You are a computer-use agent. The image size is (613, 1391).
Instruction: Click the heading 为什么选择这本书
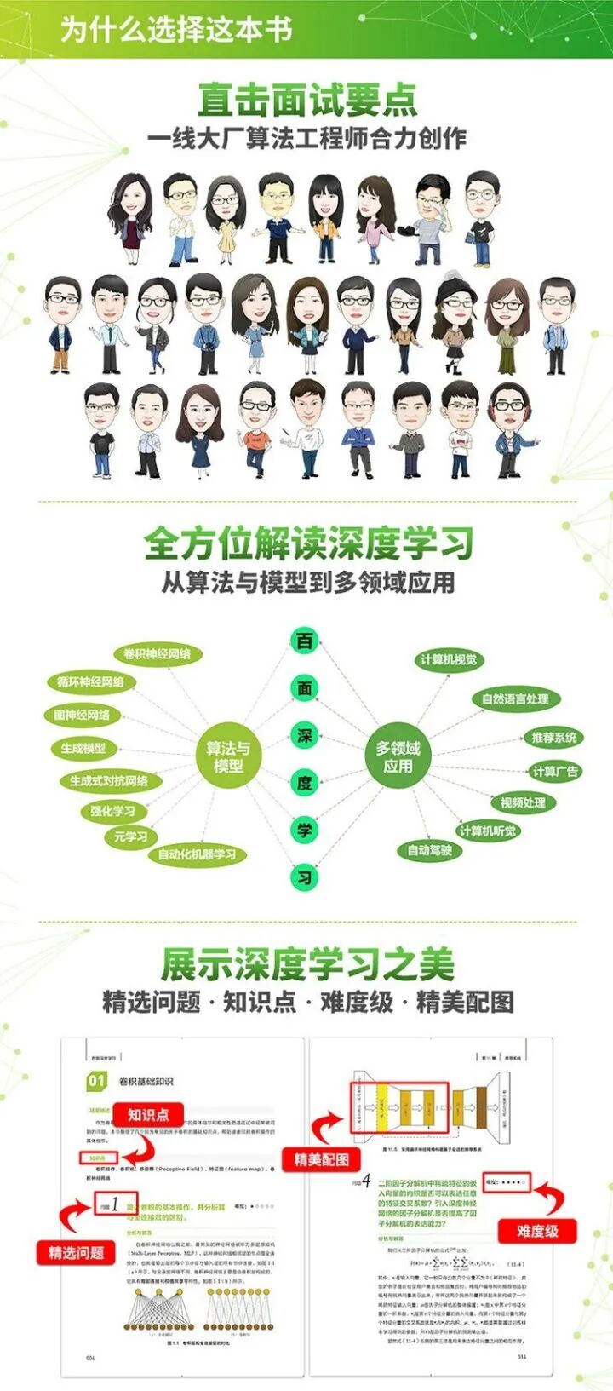176,28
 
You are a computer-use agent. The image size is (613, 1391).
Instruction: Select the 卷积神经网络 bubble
158,654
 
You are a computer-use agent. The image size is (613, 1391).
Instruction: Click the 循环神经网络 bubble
90,682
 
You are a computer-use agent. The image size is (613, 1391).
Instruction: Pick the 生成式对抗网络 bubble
109,780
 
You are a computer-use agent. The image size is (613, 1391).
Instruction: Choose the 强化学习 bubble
113,811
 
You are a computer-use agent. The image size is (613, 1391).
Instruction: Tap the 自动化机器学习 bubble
197,854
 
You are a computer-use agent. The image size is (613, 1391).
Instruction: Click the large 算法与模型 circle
228,756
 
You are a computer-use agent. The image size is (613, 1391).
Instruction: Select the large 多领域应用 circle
398,756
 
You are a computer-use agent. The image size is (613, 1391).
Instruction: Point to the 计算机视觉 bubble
449,660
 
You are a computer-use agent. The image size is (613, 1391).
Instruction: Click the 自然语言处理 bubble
515,699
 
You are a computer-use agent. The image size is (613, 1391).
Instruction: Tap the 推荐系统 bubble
553,738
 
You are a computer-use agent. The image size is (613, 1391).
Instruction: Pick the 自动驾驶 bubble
429,850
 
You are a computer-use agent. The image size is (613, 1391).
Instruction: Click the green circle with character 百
305,641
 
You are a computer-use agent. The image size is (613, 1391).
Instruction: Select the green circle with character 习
305,877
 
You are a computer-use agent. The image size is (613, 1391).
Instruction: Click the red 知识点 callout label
148,1114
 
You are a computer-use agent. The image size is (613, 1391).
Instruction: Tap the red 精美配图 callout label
321,1159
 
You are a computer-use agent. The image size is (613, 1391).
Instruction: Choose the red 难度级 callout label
536,1231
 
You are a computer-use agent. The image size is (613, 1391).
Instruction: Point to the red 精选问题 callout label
76,1252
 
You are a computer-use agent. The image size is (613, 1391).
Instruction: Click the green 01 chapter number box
96,1081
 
